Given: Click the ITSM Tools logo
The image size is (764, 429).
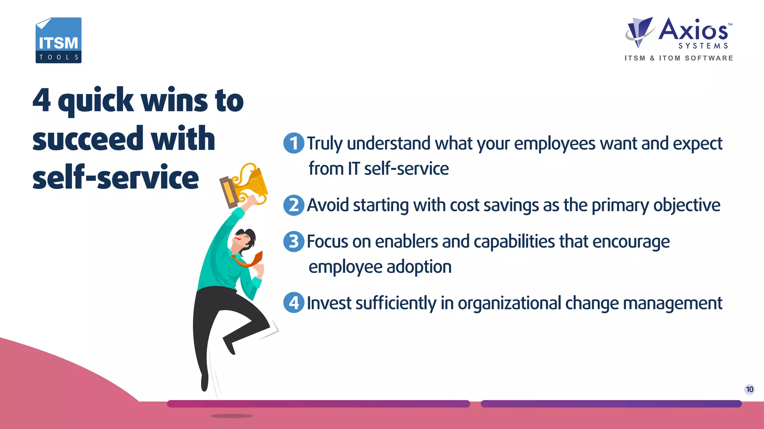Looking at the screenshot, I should [x=59, y=40].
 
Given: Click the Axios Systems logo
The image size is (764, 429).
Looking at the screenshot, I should [x=679, y=34].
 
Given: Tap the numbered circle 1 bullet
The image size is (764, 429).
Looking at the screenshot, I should [x=294, y=143].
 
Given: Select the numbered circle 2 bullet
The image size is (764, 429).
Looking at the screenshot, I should [x=294, y=205].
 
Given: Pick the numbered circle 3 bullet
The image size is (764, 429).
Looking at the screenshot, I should [x=294, y=242].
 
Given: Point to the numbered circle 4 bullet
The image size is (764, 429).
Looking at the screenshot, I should [x=294, y=303].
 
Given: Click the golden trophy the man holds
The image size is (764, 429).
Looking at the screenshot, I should [x=246, y=184].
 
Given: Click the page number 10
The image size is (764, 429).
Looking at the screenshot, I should [x=749, y=389].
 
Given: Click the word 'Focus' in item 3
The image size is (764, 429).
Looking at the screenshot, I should [x=327, y=242].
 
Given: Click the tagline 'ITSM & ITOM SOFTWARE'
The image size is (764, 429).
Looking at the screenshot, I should [x=679, y=58].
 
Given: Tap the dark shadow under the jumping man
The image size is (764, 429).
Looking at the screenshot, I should [x=231, y=416].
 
